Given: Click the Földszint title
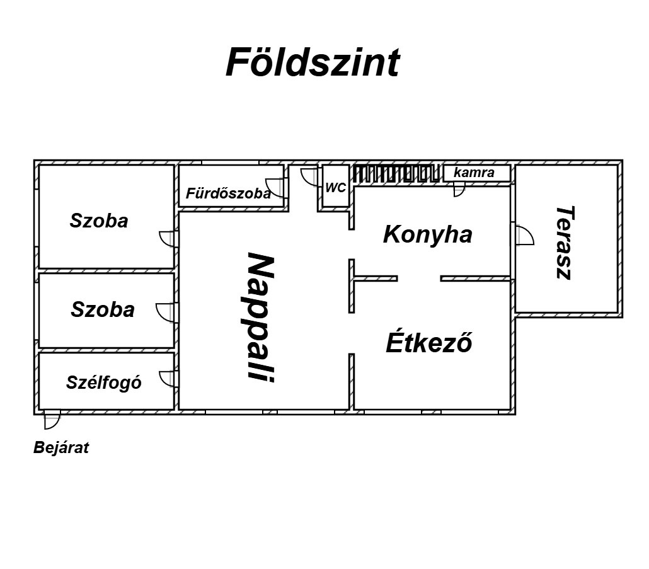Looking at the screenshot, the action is (x=313, y=62).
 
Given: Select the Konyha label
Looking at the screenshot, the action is (x=428, y=234).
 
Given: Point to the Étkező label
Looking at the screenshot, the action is (x=429, y=342).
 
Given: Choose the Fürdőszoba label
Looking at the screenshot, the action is (x=228, y=193).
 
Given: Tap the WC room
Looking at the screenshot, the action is (x=335, y=187).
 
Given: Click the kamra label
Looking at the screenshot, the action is (x=474, y=172).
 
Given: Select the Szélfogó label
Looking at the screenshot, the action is (x=103, y=382).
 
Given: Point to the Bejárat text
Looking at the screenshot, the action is (x=61, y=448).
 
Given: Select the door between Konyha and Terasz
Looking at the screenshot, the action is (x=524, y=236).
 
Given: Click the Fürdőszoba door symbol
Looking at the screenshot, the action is (x=275, y=188).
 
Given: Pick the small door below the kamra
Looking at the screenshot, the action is (x=459, y=192).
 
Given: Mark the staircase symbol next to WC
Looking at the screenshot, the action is (x=396, y=174).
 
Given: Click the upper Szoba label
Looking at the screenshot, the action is (x=99, y=221).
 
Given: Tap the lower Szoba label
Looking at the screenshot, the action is (x=103, y=309).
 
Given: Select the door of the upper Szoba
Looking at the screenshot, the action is (x=169, y=239).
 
